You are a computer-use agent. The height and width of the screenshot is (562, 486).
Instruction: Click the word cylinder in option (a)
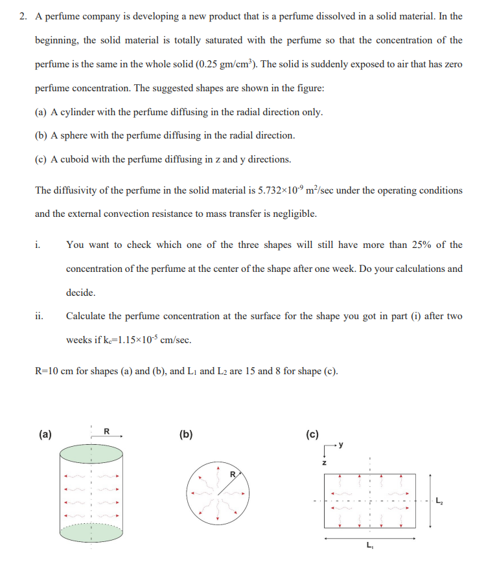77,112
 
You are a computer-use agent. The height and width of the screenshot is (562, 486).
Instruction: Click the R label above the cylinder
107,431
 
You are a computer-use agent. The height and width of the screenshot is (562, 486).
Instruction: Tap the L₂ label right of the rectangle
441,500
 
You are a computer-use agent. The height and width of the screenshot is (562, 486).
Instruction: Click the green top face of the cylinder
91,452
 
